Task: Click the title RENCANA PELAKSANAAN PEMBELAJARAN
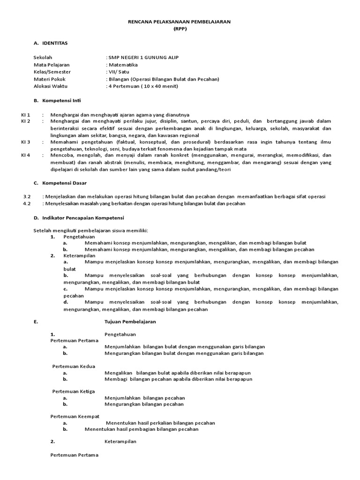coord(180,22)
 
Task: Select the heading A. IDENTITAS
coord(51,43)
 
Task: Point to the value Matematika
coord(123,65)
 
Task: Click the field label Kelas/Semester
coord(52,72)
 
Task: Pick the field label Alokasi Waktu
coord(51,86)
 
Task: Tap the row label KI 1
coord(26,114)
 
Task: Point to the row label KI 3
coord(26,142)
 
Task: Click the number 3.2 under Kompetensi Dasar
coord(27,196)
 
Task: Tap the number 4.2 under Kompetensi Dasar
coord(27,203)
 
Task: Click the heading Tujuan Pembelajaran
coord(129,322)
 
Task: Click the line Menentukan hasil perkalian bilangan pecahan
coord(160,423)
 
